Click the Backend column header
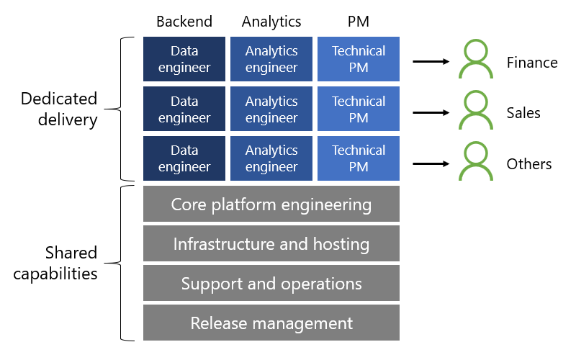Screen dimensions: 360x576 (x=184, y=22)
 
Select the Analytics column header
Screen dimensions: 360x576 (x=271, y=22)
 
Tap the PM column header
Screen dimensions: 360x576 (x=358, y=22)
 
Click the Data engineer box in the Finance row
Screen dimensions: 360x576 (x=184, y=59)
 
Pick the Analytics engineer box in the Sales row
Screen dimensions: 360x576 (x=271, y=109)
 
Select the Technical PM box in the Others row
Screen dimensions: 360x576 (x=359, y=158)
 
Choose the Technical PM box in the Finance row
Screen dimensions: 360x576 (x=359, y=59)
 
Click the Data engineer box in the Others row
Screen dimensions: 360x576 (x=184, y=158)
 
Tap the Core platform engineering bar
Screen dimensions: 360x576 (x=271, y=204)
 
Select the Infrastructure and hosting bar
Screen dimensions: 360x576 (x=271, y=244)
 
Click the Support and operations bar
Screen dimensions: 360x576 (x=271, y=284)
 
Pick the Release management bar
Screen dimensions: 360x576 (x=271, y=323)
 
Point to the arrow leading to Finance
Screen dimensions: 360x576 (x=431, y=62)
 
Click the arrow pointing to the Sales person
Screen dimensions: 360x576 (x=431, y=112)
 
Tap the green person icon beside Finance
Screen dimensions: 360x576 (x=475, y=60)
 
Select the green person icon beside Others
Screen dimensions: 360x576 (x=475, y=161)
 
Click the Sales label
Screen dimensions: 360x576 (x=523, y=113)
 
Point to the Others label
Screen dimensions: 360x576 (x=529, y=164)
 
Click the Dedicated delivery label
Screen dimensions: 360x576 (x=59, y=109)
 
